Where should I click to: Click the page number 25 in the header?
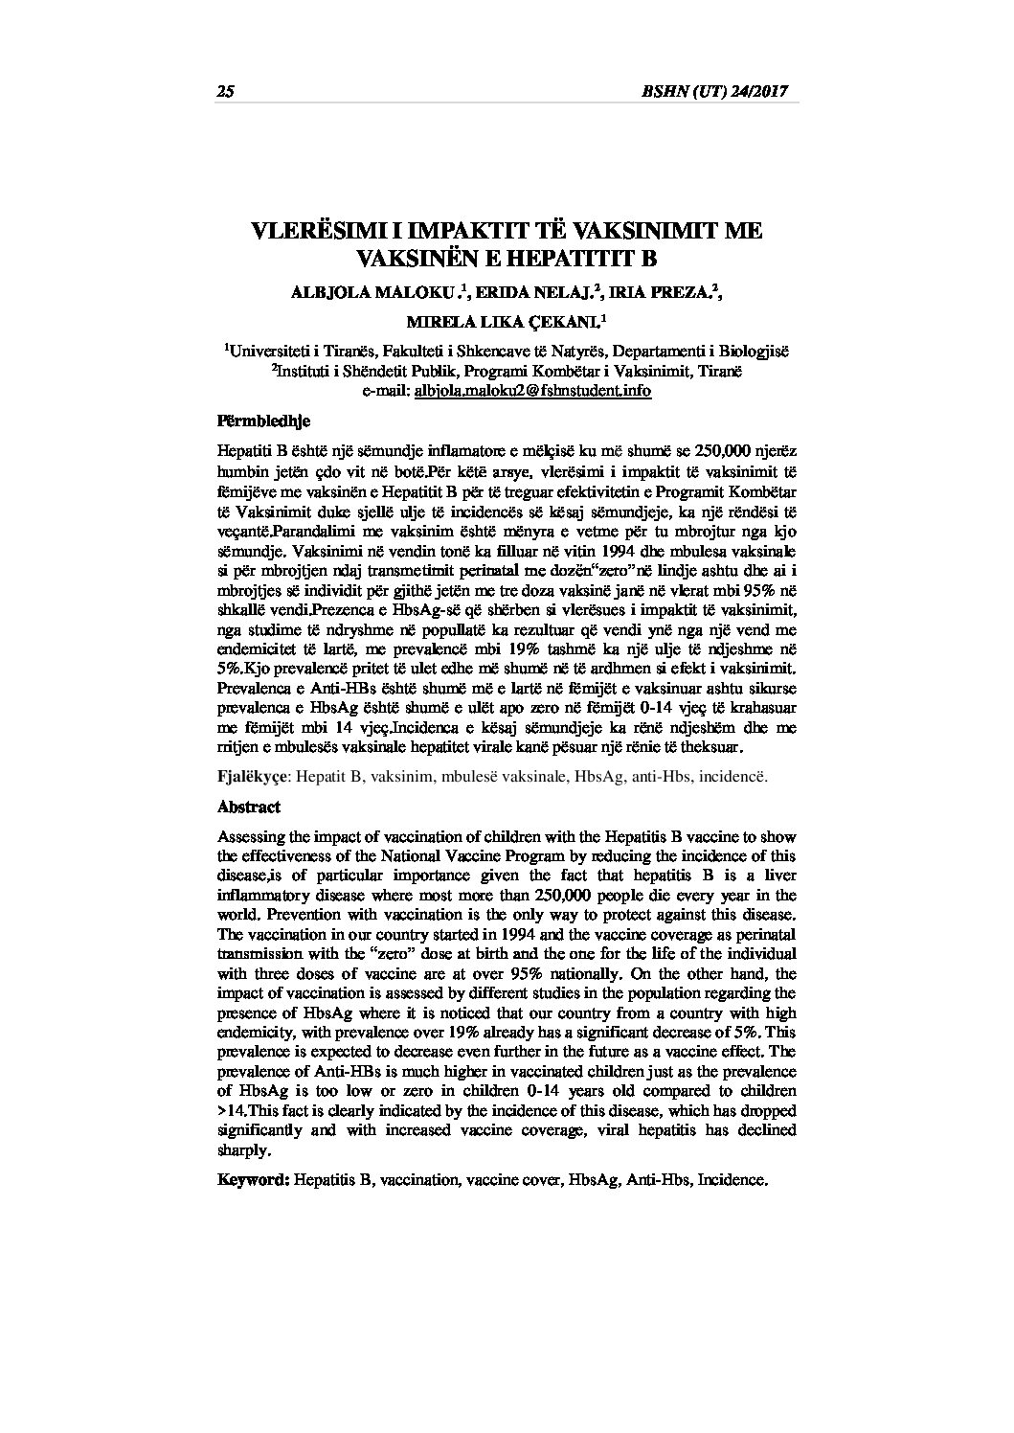(226, 92)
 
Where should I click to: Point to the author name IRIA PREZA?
(662, 294)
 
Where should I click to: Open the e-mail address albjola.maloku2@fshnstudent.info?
(532, 391)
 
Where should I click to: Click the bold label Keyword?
(254, 1180)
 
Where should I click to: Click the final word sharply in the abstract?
(240, 1150)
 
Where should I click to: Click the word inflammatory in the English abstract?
(267, 896)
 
